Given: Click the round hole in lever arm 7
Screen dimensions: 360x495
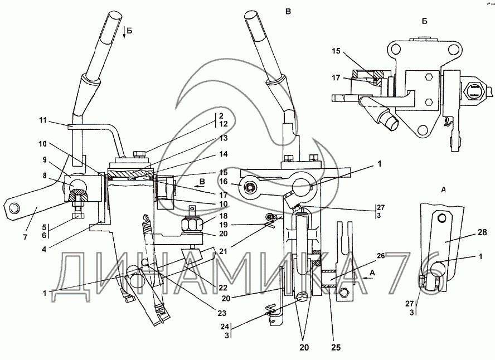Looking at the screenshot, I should [x=12, y=207].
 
